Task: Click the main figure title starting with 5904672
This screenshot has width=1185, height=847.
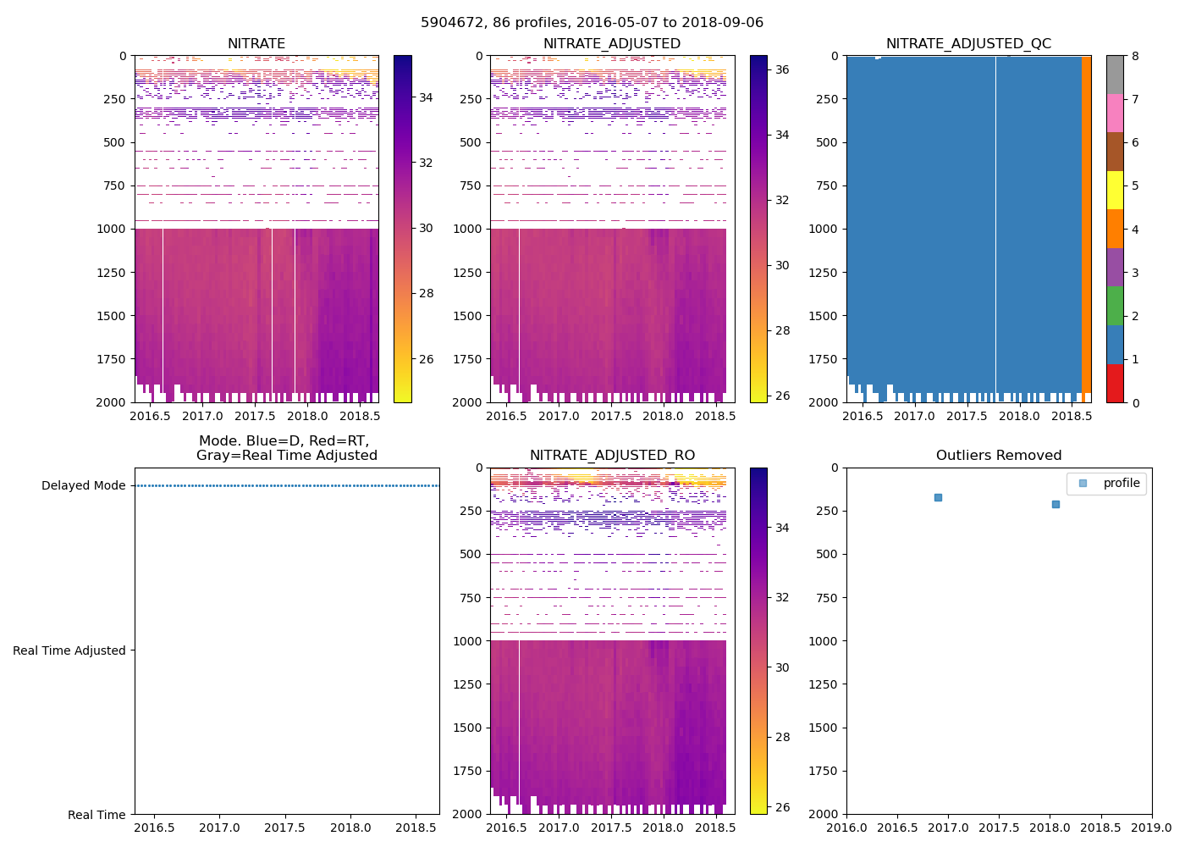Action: [x=592, y=23]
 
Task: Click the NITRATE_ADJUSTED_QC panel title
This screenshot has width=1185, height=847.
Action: [x=968, y=44]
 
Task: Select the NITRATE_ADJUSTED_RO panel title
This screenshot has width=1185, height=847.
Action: [x=612, y=456]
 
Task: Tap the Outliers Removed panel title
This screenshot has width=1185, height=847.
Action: [x=999, y=456]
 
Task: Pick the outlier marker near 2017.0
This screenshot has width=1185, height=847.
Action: [x=938, y=497]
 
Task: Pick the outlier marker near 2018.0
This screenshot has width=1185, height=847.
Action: [x=1055, y=504]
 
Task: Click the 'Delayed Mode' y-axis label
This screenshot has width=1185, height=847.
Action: [x=83, y=485]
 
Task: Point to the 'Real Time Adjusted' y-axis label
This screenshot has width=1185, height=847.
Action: [x=69, y=650]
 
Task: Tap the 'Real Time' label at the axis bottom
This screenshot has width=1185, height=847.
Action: [x=96, y=815]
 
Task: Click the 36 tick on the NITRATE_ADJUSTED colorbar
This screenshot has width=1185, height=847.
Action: [x=783, y=69]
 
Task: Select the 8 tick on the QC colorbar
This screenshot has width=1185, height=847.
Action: [x=1135, y=56]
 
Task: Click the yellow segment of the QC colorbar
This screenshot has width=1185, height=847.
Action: [x=1115, y=190]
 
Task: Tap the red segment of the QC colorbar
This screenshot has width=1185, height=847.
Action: [x=1115, y=383]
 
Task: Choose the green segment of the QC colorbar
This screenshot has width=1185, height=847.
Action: [x=1115, y=306]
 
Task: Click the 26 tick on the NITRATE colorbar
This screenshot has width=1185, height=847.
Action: [x=427, y=359]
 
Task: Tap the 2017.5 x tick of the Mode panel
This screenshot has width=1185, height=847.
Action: [x=285, y=828]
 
